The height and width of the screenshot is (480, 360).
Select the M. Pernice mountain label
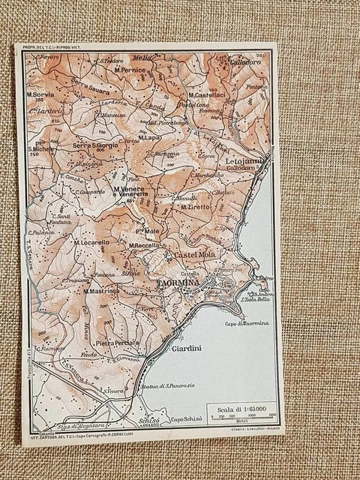point(132,69)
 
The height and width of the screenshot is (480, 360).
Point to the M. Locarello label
point(91,243)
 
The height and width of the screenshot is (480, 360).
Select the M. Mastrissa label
point(101,292)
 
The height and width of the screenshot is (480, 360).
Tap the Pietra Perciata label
point(117,343)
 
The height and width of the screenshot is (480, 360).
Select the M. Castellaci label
point(206,95)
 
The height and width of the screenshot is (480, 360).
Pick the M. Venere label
point(130,189)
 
